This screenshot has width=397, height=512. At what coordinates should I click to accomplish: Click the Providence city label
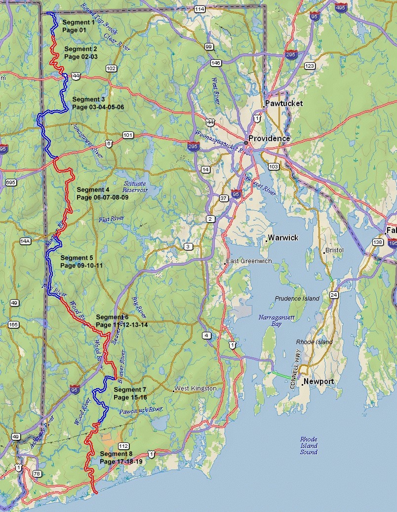click(269, 139)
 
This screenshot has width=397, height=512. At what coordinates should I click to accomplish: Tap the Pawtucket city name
click(283, 104)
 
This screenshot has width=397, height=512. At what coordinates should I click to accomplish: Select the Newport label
click(319, 382)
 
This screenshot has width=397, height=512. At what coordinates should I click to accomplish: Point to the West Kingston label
click(196, 389)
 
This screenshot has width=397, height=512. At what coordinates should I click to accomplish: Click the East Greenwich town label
click(249, 261)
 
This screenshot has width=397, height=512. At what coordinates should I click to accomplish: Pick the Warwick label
click(283, 238)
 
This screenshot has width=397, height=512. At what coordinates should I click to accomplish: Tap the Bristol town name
click(334, 251)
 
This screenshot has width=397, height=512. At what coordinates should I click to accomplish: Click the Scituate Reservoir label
click(135, 187)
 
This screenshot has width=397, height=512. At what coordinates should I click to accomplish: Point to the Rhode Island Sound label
click(309, 446)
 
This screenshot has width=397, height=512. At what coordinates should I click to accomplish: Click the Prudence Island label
click(297, 299)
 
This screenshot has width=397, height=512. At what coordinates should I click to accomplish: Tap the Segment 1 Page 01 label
click(77, 26)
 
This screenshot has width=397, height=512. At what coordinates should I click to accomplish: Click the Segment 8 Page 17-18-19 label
click(121, 458)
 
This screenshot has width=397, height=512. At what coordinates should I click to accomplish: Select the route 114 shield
click(199, 9)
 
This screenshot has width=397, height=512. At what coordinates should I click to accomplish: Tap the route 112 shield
click(124, 446)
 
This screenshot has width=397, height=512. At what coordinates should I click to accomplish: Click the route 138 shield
click(378, 242)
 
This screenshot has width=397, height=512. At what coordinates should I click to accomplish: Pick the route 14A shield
click(25, 241)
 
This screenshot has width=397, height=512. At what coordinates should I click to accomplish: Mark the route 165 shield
click(13, 324)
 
